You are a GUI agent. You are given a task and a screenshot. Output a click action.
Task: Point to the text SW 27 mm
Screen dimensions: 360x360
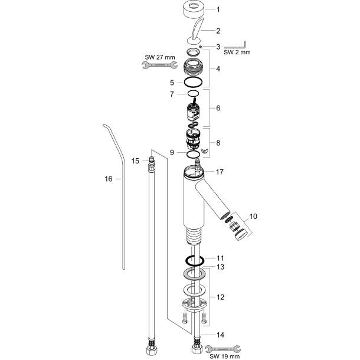(x=159, y=57)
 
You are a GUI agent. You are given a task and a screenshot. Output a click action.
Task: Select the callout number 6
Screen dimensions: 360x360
(x=218, y=109)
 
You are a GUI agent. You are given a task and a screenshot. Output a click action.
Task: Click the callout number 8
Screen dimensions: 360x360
(x=218, y=142)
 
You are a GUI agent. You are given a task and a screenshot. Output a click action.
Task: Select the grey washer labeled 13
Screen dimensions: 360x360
(x=195, y=273)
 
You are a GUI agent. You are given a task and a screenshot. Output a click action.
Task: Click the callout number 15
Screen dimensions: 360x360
(x=135, y=161)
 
